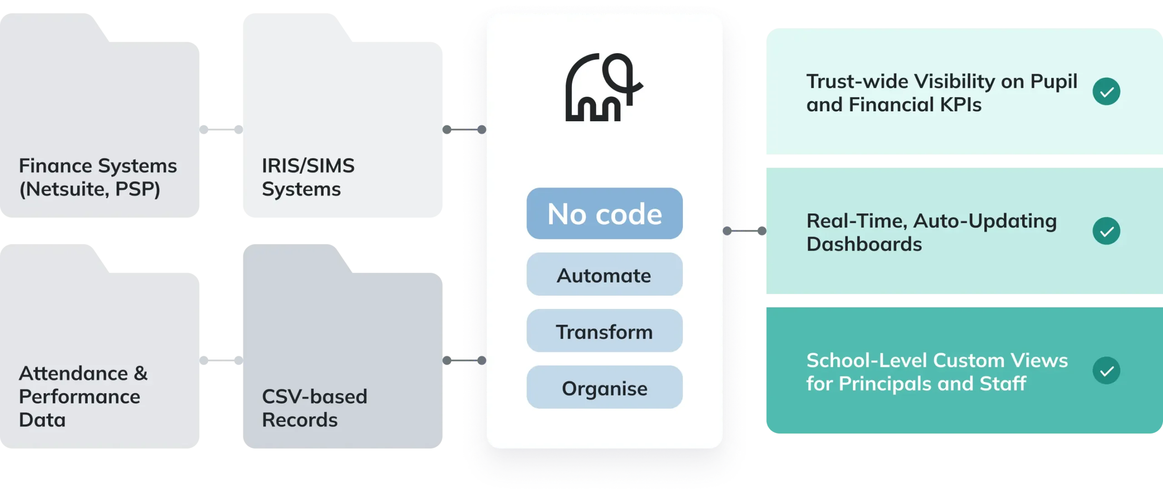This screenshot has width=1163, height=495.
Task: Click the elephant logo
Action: pos(603,88)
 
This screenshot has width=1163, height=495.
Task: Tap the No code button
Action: pos(604,213)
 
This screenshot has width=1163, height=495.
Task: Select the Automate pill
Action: pos(604,275)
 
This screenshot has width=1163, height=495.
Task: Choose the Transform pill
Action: pos(604,331)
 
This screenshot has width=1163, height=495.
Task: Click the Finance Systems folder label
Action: pos(98,177)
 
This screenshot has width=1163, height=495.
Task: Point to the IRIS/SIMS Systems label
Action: pos(308,177)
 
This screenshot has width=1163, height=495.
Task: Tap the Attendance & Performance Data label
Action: pos(83,396)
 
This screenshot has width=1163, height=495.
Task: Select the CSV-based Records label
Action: pos(314,408)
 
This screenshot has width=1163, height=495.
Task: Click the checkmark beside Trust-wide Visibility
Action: pos(1106,92)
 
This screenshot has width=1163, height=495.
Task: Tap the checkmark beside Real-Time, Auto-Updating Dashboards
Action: pos(1106,231)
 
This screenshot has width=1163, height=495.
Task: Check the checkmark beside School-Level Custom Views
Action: pos(1106,371)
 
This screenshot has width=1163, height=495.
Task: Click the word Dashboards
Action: pos(864,244)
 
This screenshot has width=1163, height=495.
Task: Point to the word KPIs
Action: pos(960,105)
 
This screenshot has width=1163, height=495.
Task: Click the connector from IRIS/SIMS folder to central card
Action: pos(464,129)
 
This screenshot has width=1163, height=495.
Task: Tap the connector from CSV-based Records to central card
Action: pos(464,360)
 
